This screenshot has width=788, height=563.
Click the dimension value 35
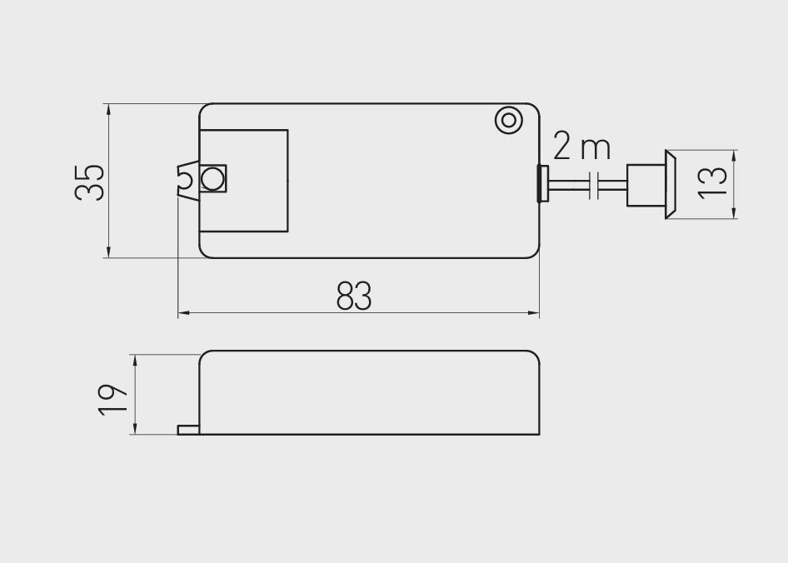[89, 182]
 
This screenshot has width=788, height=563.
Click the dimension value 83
[354, 296]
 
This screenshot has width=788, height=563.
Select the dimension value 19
[112, 400]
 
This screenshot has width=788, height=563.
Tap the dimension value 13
[712, 182]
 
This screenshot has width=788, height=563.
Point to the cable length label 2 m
[582, 147]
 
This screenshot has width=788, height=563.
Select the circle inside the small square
[212, 178]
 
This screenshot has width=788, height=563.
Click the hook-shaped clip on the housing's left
[188, 180]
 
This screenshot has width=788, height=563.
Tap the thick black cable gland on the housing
[543, 183]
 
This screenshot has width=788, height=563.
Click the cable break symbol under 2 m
[594, 186]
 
